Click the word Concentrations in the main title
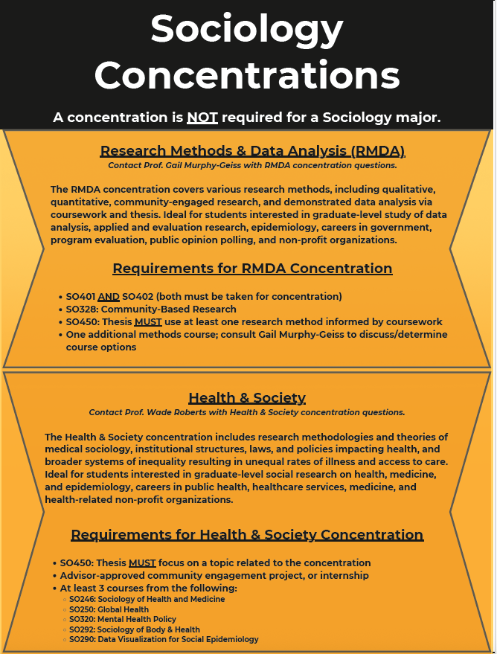247,75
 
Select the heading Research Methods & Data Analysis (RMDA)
252,151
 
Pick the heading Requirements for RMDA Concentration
252,269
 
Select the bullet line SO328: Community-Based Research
151,309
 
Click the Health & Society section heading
247,397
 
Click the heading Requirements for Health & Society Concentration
247,535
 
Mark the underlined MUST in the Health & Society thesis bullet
142,562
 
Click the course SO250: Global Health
109,609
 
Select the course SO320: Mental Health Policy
122,619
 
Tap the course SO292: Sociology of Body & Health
134,629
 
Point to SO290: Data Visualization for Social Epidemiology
164,639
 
